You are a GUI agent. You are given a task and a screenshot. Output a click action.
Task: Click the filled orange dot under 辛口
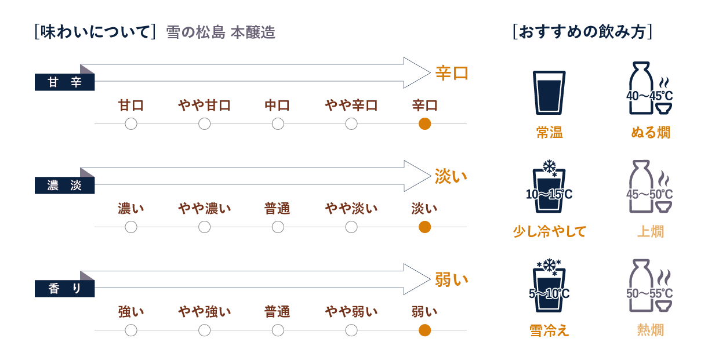424,123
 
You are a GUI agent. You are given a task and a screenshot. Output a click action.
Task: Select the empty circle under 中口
278,123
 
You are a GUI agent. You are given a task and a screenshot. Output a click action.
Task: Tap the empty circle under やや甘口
205,123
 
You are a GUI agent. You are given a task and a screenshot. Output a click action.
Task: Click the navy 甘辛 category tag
64,82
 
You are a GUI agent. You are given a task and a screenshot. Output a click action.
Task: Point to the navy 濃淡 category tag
64,185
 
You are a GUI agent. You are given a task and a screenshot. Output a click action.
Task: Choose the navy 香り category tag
64,288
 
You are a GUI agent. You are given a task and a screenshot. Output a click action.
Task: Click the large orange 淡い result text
451,176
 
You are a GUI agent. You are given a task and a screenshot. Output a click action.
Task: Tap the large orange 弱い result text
451,279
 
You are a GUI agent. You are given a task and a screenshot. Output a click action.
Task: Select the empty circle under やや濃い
205,227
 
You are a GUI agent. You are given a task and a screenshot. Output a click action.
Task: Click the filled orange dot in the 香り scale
424,330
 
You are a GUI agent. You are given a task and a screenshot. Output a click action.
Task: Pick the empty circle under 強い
131,330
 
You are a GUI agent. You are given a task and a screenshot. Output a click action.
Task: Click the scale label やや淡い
351,209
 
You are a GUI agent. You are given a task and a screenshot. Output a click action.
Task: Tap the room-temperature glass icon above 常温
549,93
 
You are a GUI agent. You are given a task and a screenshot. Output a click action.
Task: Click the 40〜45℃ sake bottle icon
649,88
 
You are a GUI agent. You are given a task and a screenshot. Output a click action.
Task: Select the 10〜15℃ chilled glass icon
549,187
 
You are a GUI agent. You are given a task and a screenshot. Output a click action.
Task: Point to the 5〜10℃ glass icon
549,286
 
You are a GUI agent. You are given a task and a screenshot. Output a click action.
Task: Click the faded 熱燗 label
650,330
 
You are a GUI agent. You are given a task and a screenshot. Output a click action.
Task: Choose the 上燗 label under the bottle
650,231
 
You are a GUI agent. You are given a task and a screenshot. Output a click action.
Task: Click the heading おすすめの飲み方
582,32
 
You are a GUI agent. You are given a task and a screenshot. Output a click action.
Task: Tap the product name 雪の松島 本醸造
220,32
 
